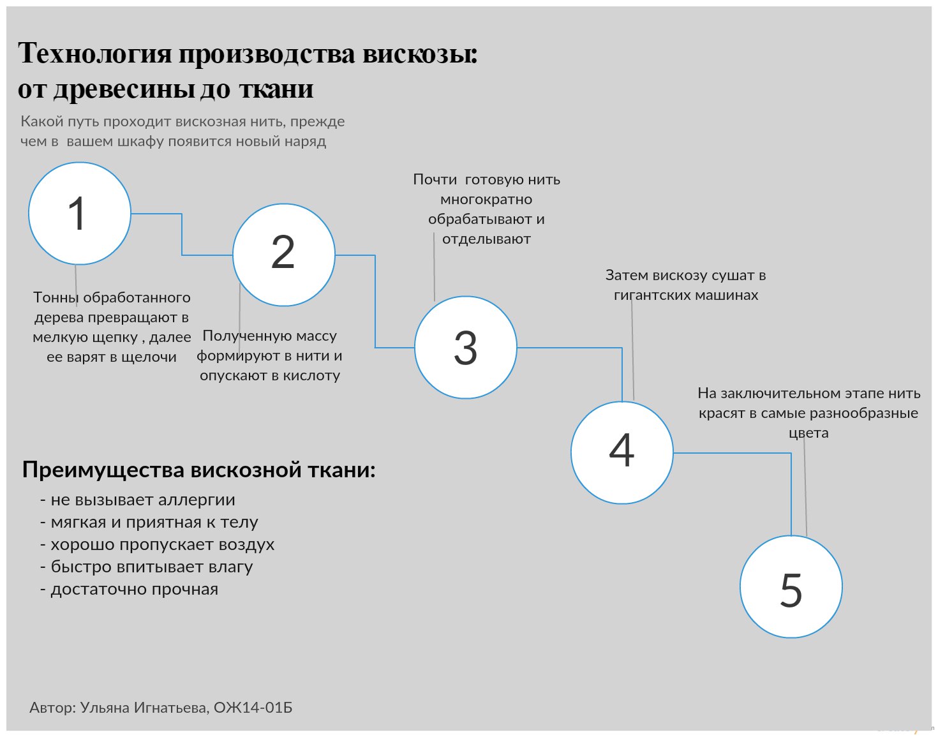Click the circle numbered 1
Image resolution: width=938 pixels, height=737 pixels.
pyautogui.click(x=80, y=213)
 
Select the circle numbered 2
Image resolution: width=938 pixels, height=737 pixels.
pyautogui.click(x=284, y=255)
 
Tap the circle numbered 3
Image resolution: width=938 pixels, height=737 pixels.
pyautogui.click(x=466, y=348)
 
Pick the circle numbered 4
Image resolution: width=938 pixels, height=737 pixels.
pyautogui.click(x=622, y=452)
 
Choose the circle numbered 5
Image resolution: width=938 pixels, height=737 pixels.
pyautogui.click(x=791, y=586)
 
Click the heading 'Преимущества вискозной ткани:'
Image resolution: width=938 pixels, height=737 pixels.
pyautogui.click(x=198, y=470)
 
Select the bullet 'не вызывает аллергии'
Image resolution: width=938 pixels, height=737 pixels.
pyautogui.click(x=142, y=500)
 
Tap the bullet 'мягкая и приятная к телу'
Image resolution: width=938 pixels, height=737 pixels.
pyautogui.click(x=154, y=522)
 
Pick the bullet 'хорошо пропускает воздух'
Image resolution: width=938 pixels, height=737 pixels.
pyautogui.click(x=162, y=544)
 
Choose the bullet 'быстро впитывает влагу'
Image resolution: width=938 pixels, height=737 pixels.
pyautogui.click(x=151, y=567)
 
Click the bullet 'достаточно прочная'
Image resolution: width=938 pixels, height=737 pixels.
pyautogui.click(x=134, y=589)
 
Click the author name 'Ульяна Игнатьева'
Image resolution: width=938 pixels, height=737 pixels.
pyautogui.click(x=144, y=708)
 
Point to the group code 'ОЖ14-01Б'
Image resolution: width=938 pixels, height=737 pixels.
pyautogui.click(x=253, y=708)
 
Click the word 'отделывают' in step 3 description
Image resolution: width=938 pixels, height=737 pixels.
pyautogui.click(x=486, y=239)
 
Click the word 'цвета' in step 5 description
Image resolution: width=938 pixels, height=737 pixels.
pyautogui.click(x=808, y=433)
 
